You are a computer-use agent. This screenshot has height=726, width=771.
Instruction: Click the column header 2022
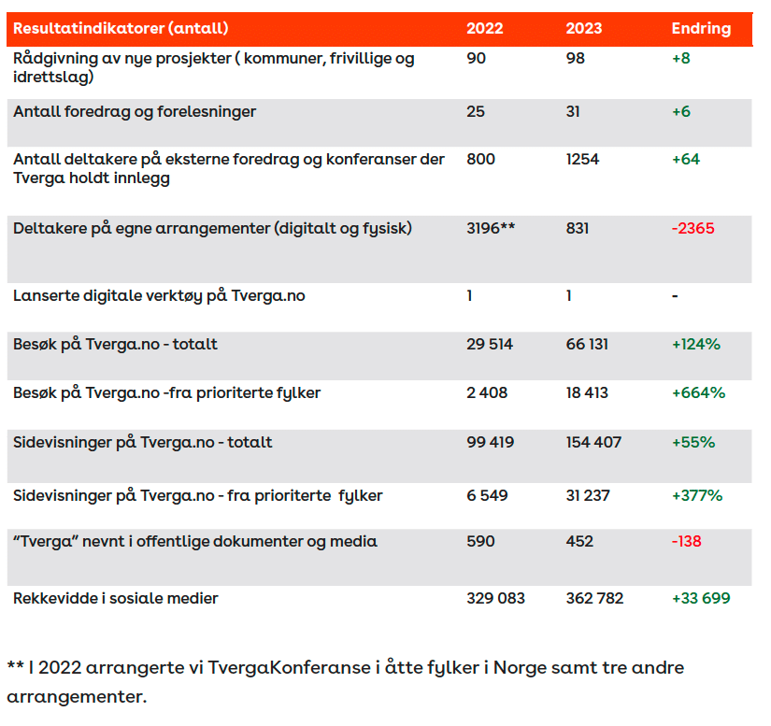click(x=484, y=29)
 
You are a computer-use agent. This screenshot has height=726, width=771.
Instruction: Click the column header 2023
click(x=584, y=29)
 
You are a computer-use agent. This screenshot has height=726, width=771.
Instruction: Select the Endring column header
click(x=701, y=29)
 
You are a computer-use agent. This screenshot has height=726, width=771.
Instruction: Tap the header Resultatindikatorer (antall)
click(x=121, y=29)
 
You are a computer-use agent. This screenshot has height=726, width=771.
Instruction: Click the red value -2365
click(x=692, y=228)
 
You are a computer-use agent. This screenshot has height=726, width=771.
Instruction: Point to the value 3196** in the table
click(x=491, y=228)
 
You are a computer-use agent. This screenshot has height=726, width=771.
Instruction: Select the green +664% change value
click(x=698, y=392)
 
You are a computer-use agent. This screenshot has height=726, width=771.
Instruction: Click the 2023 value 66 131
click(x=587, y=344)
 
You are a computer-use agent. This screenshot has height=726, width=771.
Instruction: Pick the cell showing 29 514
click(x=490, y=344)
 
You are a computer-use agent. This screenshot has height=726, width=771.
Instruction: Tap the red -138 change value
click(x=686, y=541)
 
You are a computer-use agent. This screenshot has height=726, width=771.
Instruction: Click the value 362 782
click(x=594, y=598)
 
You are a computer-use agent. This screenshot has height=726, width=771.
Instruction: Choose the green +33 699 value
click(x=701, y=598)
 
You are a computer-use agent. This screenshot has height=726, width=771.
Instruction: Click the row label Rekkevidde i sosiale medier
click(x=116, y=598)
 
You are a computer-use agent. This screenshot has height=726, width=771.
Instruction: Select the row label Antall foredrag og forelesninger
click(x=135, y=112)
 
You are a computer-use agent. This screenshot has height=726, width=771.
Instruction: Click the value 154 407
click(x=593, y=442)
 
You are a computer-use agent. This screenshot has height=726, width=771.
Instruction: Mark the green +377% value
click(x=697, y=495)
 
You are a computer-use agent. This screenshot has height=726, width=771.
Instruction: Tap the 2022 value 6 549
click(x=487, y=495)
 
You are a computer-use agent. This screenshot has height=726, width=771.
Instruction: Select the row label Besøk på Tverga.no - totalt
click(x=116, y=344)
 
